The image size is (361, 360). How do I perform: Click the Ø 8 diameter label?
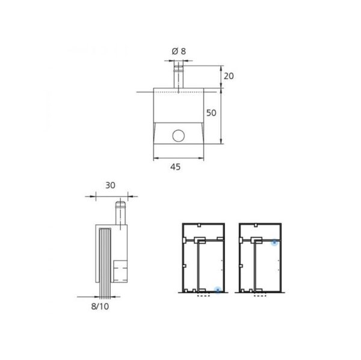pos(179,52)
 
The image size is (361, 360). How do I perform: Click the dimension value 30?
pos(110,186)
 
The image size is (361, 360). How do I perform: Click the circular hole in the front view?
pos(178,135)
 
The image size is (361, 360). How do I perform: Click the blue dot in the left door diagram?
pos(218,290)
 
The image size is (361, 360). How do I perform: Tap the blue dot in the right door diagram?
pos(274,242)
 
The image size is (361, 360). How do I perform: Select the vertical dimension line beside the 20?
pos(223,76)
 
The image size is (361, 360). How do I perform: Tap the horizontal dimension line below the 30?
pos(110,196)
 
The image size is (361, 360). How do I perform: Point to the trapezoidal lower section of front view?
pos(179,135)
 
